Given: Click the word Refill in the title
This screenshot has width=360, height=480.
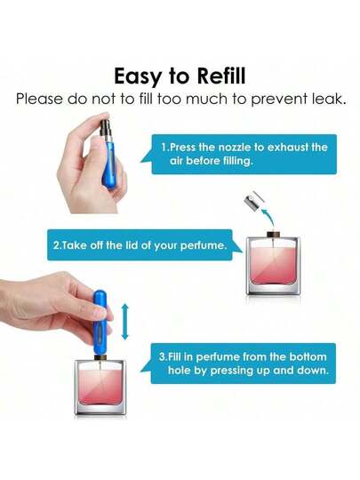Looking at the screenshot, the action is point(221,76).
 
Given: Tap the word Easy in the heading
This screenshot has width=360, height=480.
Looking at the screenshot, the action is point(137,77).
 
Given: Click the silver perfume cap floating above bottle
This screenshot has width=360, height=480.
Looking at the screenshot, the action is point(254,199).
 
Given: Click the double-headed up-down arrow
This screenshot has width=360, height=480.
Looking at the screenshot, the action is point(125,322).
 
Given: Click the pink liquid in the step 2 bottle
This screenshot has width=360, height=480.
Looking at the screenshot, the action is point(273,266).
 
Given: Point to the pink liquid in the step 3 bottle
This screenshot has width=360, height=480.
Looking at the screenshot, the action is point(100,388).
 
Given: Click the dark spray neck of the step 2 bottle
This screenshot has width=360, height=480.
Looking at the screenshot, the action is point(273,235).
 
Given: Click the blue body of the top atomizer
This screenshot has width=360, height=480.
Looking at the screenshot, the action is point(109,165).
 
